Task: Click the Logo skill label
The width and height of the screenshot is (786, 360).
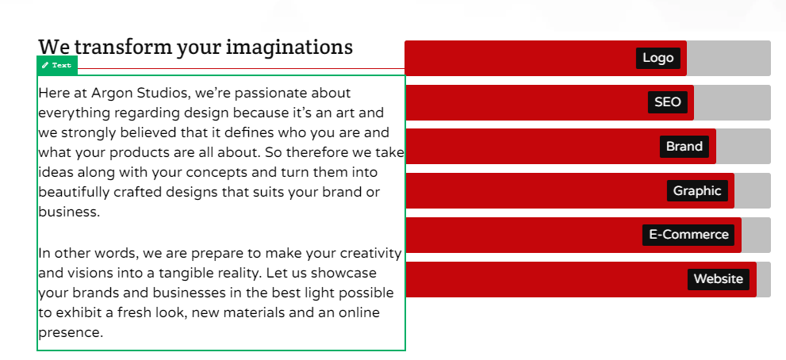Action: point(658,58)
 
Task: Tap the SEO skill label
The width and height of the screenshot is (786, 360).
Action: point(668,102)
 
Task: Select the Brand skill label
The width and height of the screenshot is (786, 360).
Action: point(684,147)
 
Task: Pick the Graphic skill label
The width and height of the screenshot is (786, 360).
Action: point(697,190)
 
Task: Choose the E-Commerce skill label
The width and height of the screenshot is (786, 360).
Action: point(688,235)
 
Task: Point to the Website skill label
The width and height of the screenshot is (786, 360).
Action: point(719,279)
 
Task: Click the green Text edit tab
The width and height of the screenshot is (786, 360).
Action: point(57,65)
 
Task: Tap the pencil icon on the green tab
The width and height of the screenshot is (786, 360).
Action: point(45,65)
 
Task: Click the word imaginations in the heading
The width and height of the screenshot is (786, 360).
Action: point(289,48)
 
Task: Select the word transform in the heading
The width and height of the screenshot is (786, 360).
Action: point(122,48)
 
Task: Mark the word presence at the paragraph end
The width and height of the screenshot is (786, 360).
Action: point(71,333)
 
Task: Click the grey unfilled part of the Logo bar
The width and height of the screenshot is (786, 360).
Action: point(728,58)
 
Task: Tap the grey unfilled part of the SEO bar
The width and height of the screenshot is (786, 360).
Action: point(732,102)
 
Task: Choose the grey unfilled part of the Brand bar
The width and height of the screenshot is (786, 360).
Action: point(743,147)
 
